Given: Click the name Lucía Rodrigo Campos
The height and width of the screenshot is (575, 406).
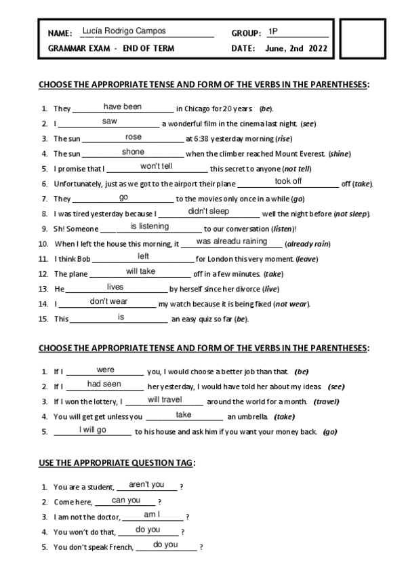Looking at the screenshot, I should tap(123, 31).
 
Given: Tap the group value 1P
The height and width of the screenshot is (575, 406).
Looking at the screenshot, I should tap(272, 31).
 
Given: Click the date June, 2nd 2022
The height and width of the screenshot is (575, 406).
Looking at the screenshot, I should tap(296, 48).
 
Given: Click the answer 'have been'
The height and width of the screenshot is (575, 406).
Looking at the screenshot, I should tap(123, 106).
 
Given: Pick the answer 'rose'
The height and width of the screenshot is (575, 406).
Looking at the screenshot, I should tap(134, 137).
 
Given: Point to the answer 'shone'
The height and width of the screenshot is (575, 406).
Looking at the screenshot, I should tap(133, 152).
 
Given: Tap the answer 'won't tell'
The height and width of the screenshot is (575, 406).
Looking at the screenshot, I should tap(157, 166).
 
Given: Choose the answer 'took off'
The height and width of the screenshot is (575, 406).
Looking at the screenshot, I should tap(288, 181).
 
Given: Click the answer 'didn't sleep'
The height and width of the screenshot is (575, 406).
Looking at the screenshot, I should tap(209, 211).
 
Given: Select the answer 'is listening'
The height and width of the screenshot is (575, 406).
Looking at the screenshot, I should tap(150, 226).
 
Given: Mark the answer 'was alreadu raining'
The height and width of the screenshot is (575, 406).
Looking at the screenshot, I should tap(231, 241).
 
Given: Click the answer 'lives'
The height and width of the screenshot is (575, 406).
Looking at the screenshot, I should tap(115, 287).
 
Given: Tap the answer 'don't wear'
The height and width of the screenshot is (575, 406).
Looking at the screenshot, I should tap(109, 302).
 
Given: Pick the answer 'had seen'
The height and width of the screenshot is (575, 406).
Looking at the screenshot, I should tap(104, 384).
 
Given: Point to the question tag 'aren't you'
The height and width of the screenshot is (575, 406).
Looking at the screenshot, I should tap(146, 484).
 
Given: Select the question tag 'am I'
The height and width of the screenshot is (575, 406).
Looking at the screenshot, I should tap(151, 515).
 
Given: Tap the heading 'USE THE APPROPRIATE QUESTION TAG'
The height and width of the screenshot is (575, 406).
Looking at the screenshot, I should tap(117, 462).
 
